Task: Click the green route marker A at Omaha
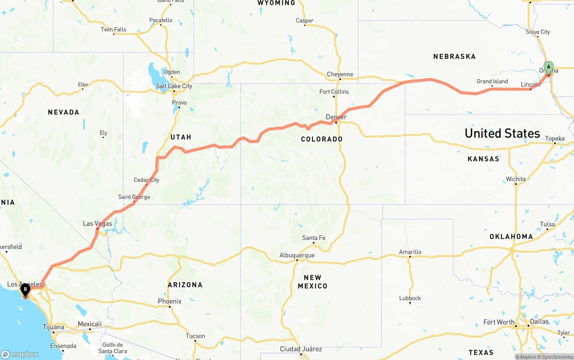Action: (548, 68)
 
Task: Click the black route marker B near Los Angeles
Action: (25, 291)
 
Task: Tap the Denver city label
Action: (336, 117)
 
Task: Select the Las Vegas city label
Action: (97, 223)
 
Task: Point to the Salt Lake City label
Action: (174, 86)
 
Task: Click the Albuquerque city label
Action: (297, 255)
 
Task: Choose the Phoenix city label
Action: (170, 301)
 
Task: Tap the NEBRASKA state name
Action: (454, 56)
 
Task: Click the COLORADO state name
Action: (322, 139)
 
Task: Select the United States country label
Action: (502, 133)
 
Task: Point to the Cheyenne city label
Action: (340, 74)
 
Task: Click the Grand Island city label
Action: (492, 82)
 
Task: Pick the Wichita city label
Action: (516, 179)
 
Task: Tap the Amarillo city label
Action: (410, 252)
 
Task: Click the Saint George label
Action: (134, 197)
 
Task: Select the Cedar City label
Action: (146, 180)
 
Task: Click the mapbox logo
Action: (20, 354)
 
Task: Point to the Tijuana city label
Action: (53, 327)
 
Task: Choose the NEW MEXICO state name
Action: (312, 282)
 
